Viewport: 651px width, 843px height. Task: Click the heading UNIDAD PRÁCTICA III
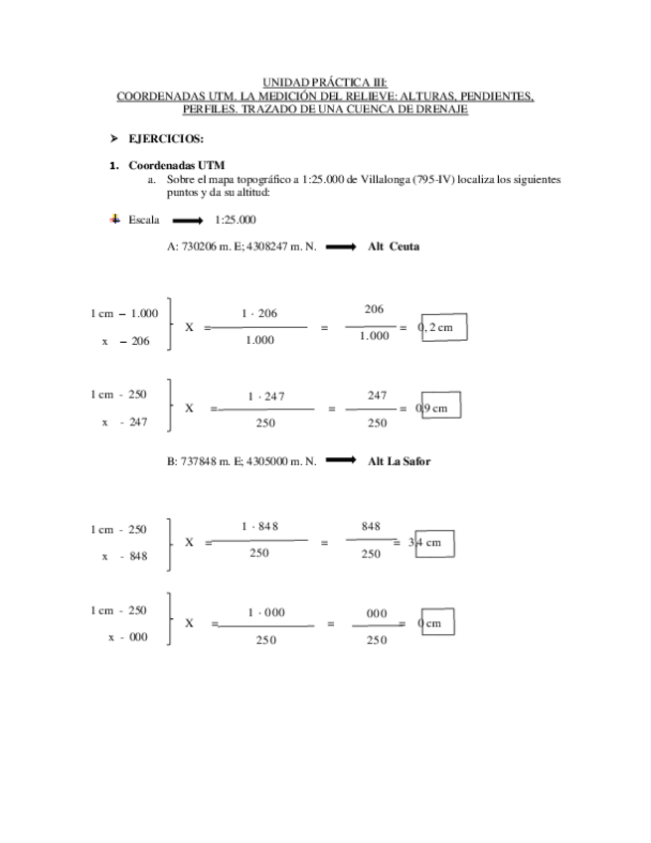click(x=325, y=84)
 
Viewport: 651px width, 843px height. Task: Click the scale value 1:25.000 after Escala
click(x=236, y=220)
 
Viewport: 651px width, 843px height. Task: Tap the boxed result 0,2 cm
click(x=442, y=328)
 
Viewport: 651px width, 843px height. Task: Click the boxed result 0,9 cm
click(x=440, y=408)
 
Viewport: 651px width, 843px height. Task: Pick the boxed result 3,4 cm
click(x=433, y=543)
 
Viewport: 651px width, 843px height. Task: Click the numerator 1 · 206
click(x=259, y=313)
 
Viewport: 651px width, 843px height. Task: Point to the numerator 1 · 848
click(x=259, y=526)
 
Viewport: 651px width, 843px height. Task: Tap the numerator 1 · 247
click(x=266, y=396)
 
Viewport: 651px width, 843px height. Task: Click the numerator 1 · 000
click(x=265, y=612)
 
